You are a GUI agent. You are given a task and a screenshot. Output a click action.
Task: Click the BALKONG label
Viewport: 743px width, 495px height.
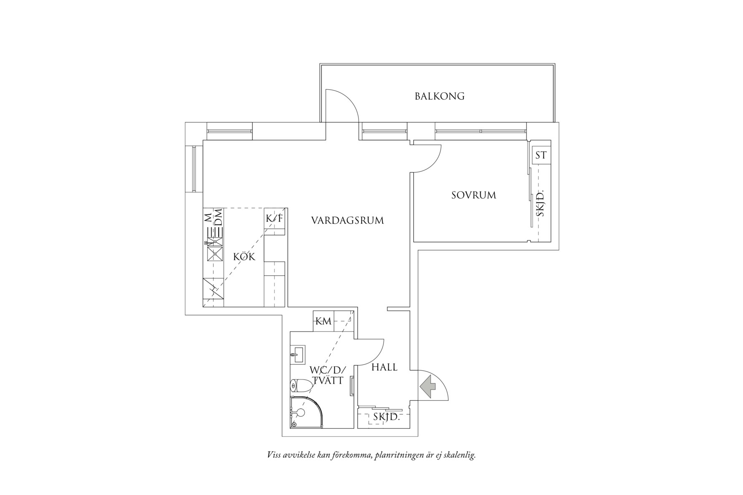[440, 96]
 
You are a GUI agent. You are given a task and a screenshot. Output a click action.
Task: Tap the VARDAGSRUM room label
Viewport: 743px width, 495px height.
[347, 221]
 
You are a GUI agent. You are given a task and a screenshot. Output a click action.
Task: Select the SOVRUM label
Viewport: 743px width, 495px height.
[474, 195]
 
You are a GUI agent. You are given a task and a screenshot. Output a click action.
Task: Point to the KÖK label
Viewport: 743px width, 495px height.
[244, 256]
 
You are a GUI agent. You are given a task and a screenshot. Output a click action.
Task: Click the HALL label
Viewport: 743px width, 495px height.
[384, 367]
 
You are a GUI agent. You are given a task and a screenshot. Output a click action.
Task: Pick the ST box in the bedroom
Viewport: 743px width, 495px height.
[541, 156]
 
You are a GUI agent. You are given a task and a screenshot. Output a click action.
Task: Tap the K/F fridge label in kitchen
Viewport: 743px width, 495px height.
[275, 218]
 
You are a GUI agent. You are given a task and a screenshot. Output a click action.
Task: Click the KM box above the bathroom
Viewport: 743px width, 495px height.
[323, 321]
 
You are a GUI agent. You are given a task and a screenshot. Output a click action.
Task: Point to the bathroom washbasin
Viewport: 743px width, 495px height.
[297, 355]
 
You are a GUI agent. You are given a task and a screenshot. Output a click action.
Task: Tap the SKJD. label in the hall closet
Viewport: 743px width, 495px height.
[387, 417]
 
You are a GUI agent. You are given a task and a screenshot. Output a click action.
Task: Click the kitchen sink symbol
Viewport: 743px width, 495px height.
[216, 253]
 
